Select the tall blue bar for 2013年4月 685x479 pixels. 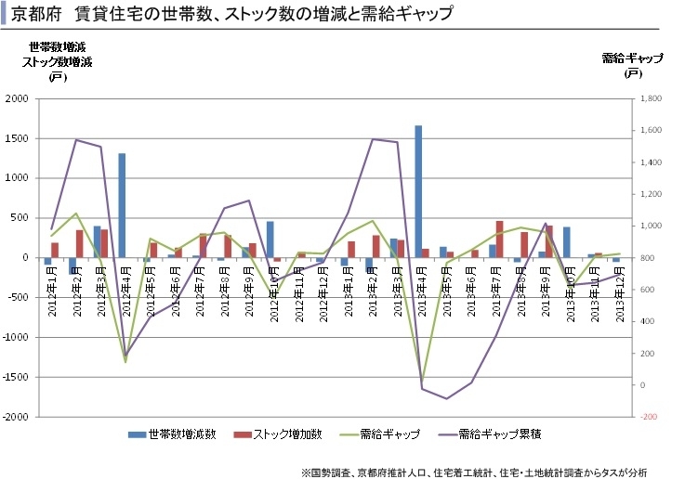(418, 190)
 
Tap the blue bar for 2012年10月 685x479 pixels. (270, 239)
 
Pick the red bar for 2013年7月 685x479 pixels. (499, 239)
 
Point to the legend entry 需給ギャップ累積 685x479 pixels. (501, 434)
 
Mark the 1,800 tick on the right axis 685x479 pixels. (649, 98)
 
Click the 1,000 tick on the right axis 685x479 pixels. (649, 226)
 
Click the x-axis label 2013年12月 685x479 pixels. (616, 290)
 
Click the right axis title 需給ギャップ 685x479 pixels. (633, 58)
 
